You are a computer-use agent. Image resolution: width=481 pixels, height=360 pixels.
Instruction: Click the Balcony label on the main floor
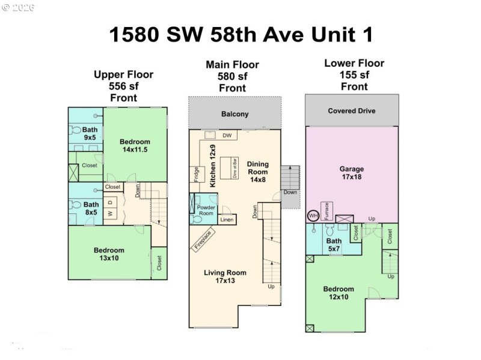[234, 114]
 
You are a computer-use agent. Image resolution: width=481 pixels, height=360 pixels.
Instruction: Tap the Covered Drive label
[352, 111]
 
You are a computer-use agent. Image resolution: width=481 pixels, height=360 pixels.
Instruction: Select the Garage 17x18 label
[352, 174]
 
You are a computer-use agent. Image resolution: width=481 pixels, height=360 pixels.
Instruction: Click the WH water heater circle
[313, 216]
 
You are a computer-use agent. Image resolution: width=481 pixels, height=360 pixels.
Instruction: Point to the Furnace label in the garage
[325, 211]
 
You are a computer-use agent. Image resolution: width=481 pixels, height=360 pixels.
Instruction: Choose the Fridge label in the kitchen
[196, 174]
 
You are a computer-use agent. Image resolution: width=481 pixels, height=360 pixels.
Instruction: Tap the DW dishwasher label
[227, 136]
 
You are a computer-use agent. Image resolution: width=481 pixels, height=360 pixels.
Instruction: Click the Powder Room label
[206, 210]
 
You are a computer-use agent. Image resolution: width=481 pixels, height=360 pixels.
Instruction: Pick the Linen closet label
[227, 220]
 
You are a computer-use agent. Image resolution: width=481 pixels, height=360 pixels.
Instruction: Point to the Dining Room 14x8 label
[258, 168]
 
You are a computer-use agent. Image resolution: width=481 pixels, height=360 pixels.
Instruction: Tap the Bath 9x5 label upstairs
[90, 133]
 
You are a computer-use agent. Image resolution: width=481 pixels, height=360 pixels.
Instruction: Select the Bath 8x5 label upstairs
[91, 208]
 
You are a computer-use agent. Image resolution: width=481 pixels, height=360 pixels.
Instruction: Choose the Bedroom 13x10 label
[109, 254]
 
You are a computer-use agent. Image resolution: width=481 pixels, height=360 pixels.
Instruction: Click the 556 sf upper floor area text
[123, 86]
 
